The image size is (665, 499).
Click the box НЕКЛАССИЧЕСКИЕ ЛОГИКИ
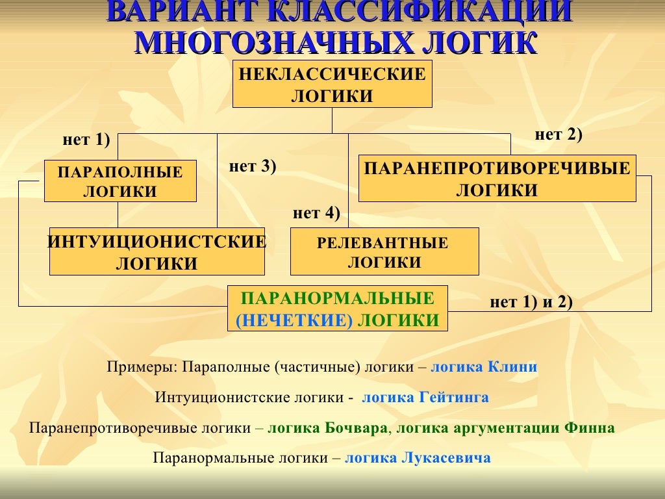pyautogui.click(x=332, y=84)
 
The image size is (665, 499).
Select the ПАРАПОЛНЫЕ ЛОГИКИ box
pyautogui.click(x=120, y=181)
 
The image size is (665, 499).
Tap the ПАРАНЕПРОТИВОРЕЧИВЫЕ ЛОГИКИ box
pyautogui.click(x=497, y=179)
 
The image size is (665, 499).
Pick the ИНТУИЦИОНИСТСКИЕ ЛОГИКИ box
pyautogui.click(x=157, y=252)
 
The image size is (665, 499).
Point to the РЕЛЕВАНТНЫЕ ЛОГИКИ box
pyautogui.click(x=384, y=252)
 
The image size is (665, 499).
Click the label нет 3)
pyautogui.click(x=253, y=166)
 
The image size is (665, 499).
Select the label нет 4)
pyautogui.click(x=316, y=212)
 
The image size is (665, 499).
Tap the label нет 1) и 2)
pyautogui.click(x=531, y=302)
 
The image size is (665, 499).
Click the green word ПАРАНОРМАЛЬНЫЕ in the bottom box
pyautogui.click(x=337, y=299)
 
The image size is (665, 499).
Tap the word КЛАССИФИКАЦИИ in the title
pyautogui.click(x=420, y=12)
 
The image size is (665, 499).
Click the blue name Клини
pyautogui.click(x=513, y=367)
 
